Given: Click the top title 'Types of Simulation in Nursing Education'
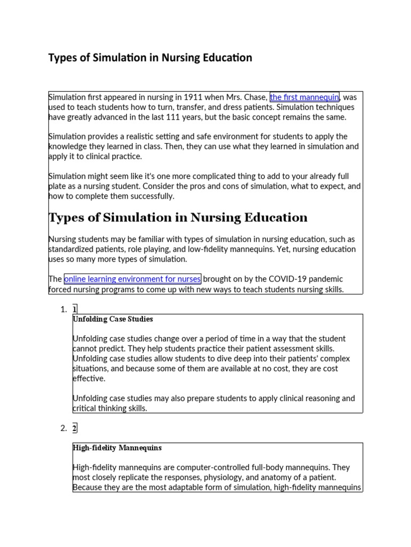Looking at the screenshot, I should coord(150,58).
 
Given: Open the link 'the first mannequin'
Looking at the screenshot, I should coord(305,97).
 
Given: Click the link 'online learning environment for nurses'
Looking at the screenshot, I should coord(132,279).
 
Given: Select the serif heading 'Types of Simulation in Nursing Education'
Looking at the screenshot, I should coord(178,217).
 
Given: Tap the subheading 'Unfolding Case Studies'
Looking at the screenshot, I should coord(113,319).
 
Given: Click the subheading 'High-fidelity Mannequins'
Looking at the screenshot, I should coord(117,448).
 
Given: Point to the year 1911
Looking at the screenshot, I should coord(193,97).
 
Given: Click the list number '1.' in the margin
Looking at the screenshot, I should coord(64,309).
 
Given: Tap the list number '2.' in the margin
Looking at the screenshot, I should coord(64,428).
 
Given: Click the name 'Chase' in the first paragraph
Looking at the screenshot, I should coord(255,97).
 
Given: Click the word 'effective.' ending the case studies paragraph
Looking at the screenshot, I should coord(89,379).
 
